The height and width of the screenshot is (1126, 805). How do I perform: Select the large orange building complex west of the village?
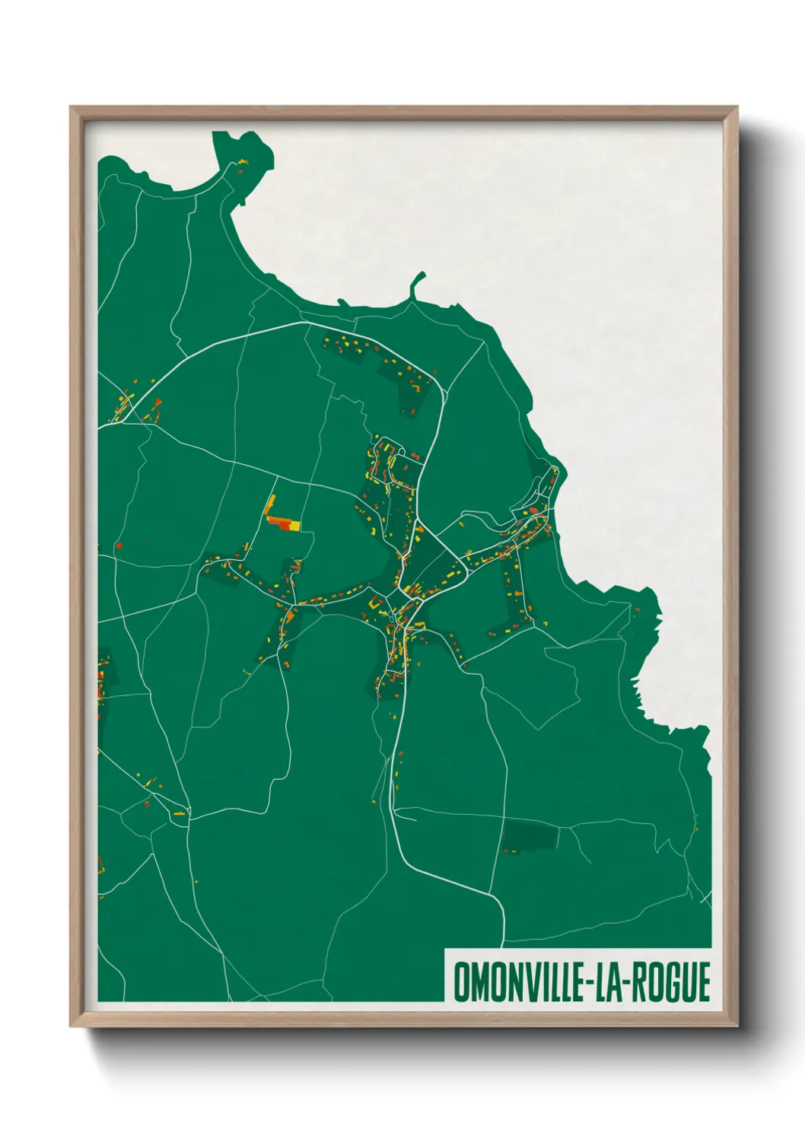pyautogui.click(x=280, y=521)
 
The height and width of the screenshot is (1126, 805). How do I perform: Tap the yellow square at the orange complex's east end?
pyautogui.click(x=296, y=525)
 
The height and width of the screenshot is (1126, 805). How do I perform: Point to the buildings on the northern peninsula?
pyautogui.click(x=241, y=164)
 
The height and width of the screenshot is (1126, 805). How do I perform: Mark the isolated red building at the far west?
pyautogui.click(x=119, y=545)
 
